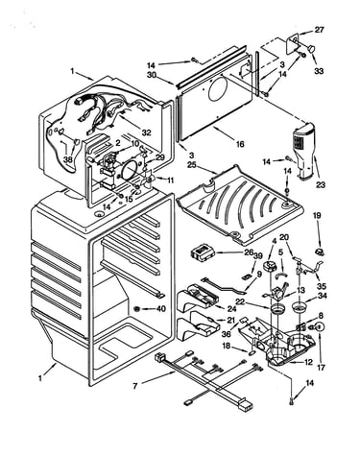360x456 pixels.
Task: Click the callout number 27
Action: pos(319,30)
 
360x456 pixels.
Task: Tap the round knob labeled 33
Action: pos(311,49)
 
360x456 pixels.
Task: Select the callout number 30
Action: pos(152,75)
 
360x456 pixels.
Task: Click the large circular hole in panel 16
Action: pos(218,87)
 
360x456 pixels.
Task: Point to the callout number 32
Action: pos(146,132)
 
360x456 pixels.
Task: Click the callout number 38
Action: pos(68,159)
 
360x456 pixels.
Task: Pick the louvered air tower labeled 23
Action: pos(302,152)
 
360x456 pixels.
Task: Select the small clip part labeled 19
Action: pos(319,252)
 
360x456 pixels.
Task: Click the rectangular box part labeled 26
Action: pos(204,252)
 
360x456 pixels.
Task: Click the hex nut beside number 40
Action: pos(136,309)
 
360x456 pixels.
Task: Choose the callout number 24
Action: pos(231,309)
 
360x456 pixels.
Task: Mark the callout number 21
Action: pos(230,320)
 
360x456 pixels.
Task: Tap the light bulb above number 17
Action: pos(319,326)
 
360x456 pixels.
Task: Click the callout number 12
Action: pos(309,363)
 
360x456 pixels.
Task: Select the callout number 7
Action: pos(135,387)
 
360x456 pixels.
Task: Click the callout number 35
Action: pos(322,286)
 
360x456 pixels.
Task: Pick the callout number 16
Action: pos(240,144)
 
